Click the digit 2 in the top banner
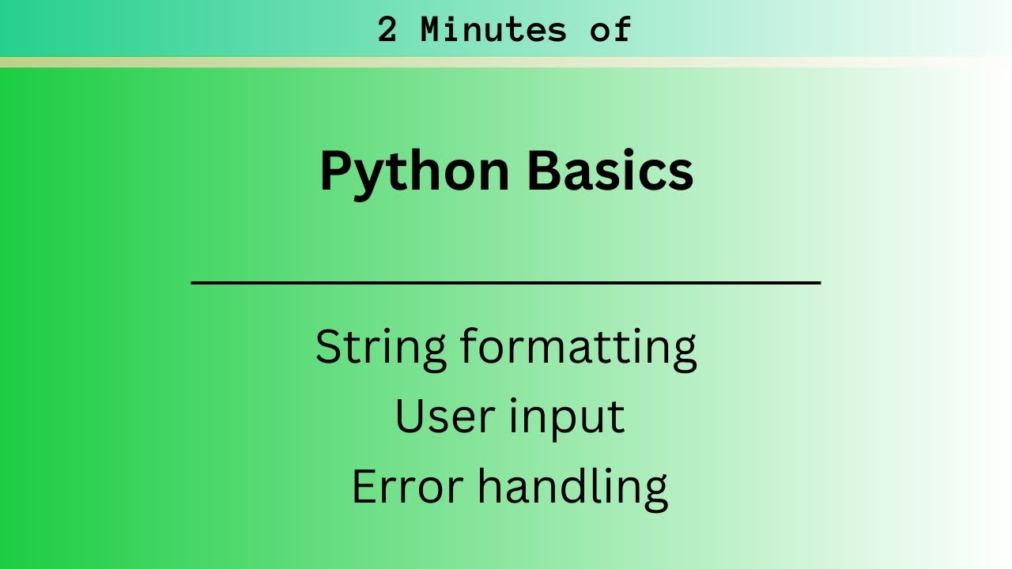click(x=387, y=31)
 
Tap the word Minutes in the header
click(x=493, y=31)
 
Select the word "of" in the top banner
click(x=610, y=31)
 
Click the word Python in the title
click(x=414, y=172)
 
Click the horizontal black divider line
click(x=506, y=281)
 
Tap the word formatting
click(x=579, y=349)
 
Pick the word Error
click(x=406, y=486)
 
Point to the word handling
click(x=572, y=487)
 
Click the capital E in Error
click(x=363, y=486)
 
